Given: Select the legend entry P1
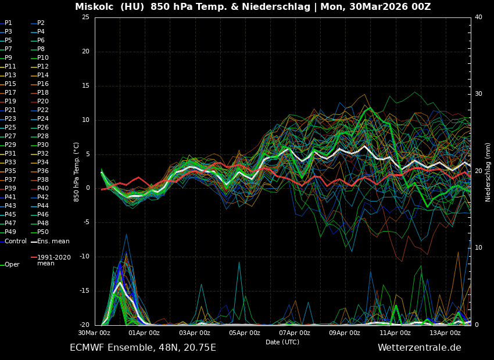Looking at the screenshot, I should tap(8, 23).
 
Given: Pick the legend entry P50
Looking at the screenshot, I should tap(43, 232).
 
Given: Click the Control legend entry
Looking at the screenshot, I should tap(16, 241).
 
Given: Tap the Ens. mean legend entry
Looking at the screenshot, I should tap(53, 241).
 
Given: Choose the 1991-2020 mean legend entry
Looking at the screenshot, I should tap(53, 260).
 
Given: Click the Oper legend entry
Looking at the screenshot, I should tap(12, 265).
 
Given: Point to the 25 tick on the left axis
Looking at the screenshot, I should tap(85, 17).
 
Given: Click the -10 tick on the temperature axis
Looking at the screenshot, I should tap(84, 257).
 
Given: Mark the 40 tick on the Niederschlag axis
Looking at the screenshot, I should tap(478, 17).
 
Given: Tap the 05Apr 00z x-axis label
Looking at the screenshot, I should tap(245, 333).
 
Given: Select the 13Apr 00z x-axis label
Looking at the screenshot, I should tap(445, 333).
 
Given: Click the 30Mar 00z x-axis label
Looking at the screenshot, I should tap(95, 333).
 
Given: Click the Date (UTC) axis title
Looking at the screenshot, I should tap(282, 342).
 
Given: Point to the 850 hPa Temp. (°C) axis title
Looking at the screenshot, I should tap(76, 171).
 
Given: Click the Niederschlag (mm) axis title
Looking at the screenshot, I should tap(488, 171).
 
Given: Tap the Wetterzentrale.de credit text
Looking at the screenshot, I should tap(419, 348).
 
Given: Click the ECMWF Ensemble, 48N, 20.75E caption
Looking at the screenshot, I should tap(143, 348).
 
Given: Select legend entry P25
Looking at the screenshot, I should tap(10, 128).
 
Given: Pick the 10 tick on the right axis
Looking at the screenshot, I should tap(478, 248).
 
